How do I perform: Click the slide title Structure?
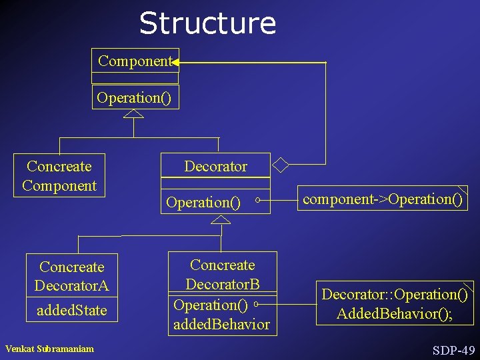pyautogui.click(x=207, y=23)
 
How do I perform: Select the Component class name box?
pyautogui.click(x=135, y=61)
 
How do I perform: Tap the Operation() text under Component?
pyautogui.click(x=134, y=98)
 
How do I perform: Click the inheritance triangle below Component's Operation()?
pyautogui.click(x=134, y=113)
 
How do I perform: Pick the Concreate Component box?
pyautogui.click(x=59, y=176)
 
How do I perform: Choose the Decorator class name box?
pyautogui.click(x=215, y=166)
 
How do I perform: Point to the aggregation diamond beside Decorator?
pyautogui.click(x=282, y=163)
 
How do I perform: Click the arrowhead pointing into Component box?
pyautogui.click(x=175, y=62)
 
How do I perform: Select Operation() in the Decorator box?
pyautogui.click(x=203, y=202)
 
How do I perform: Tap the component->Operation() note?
pyautogui.click(x=383, y=199)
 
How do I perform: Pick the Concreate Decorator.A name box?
pyautogui.click(x=72, y=276)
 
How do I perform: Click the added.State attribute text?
pyautogui.click(x=72, y=310)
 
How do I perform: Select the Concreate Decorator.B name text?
pyautogui.click(x=222, y=275)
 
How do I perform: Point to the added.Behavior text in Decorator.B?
pyautogui.click(x=221, y=325)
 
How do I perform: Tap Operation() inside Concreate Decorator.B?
pyautogui.click(x=211, y=305)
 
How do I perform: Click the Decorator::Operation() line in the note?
pyautogui.click(x=395, y=294)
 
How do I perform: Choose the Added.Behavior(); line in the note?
pyautogui.click(x=395, y=313)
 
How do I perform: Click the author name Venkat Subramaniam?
pyautogui.click(x=49, y=349)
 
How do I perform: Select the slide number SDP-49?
pyautogui.click(x=453, y=350)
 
